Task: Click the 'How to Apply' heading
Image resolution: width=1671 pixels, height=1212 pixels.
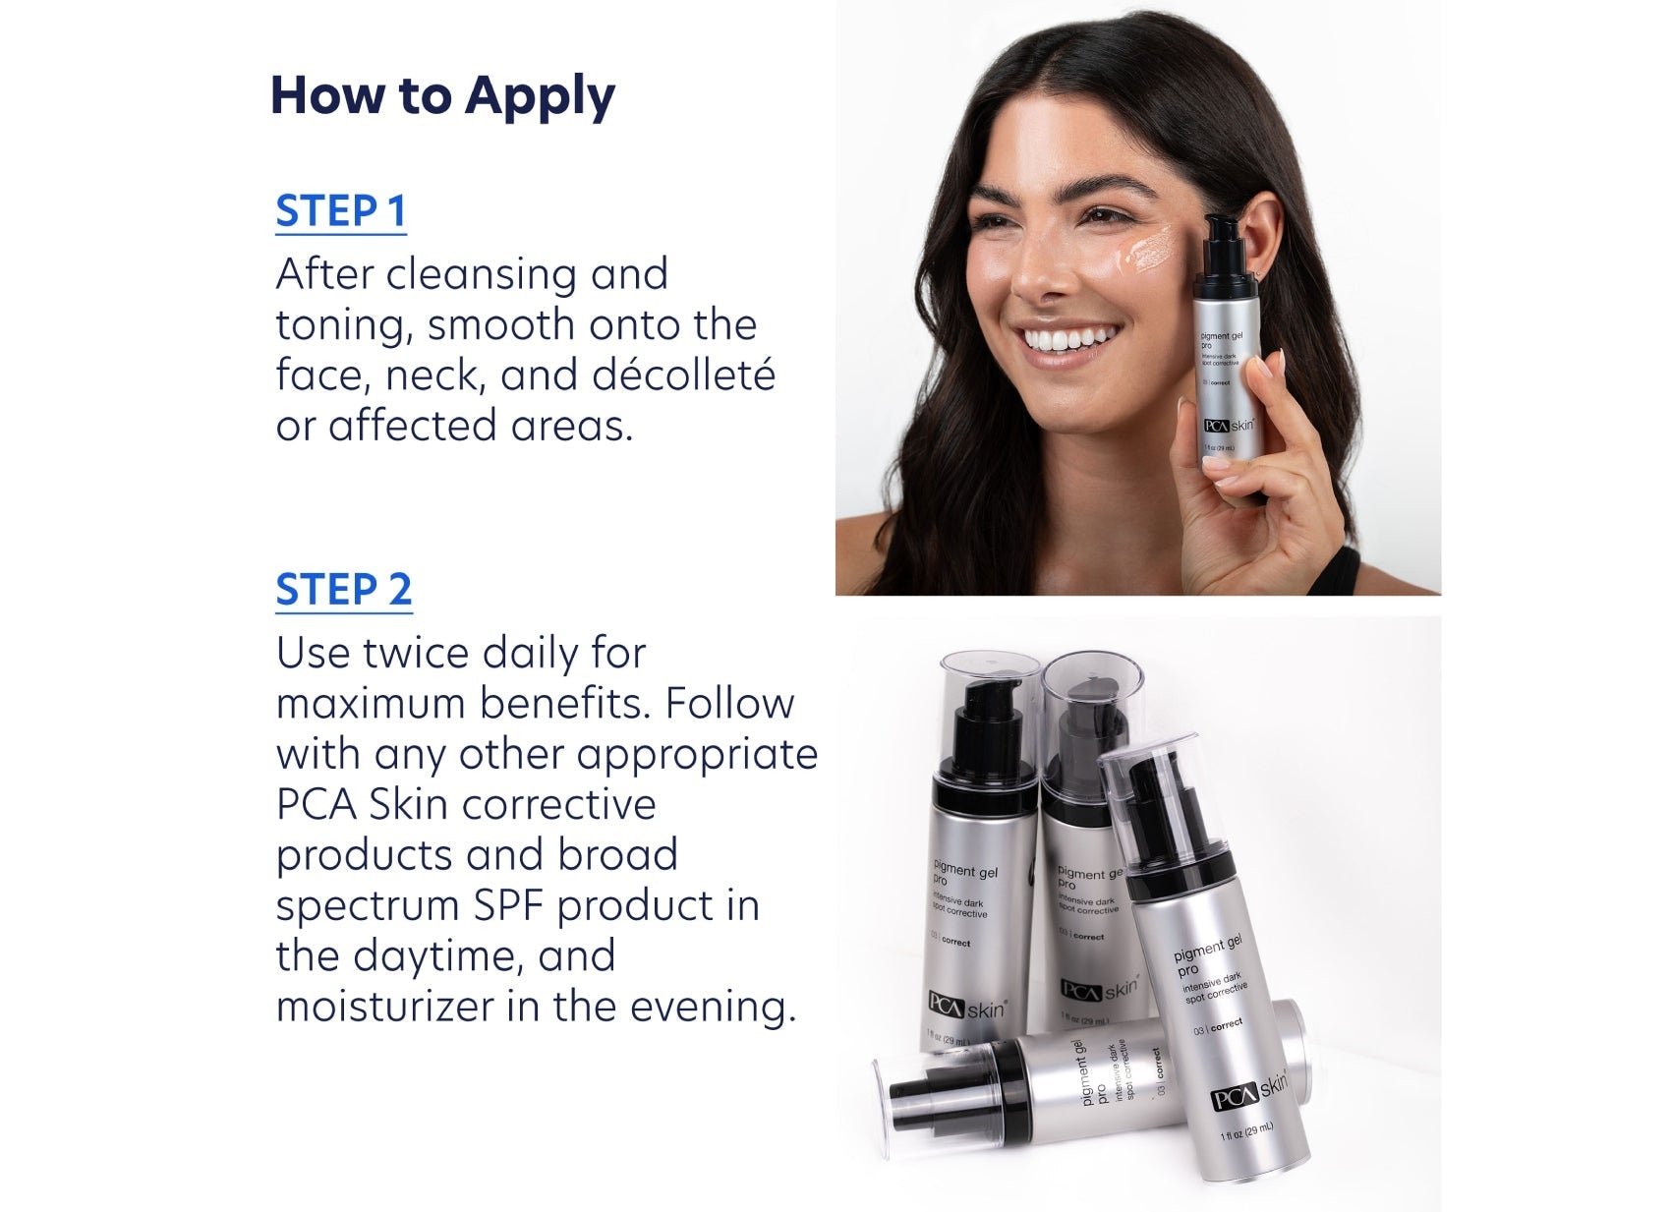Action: coord(442,96)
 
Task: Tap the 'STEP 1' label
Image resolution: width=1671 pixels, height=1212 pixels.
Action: coord(340,211)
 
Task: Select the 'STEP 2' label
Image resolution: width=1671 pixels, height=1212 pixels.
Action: coord(343,590)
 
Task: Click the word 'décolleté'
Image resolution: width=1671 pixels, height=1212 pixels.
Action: coord(684,375)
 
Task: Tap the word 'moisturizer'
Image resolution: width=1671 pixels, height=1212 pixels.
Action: coord(385,1007)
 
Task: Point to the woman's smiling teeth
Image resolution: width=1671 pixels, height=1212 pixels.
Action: coord(1066,340)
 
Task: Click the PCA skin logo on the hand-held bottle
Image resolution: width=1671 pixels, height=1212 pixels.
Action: coord(1229,426)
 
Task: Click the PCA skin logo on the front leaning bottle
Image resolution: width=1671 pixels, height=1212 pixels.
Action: coord(1247,1093)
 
